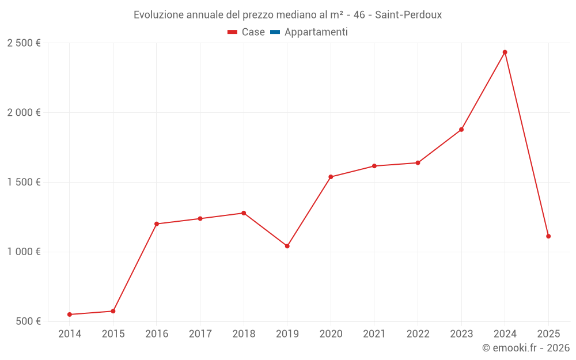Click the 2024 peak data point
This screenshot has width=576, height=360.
tap(505, 52)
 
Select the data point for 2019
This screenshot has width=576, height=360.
tap(287, 246)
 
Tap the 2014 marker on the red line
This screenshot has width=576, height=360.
tap(70, 314)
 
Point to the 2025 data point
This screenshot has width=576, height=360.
tap(548, 236)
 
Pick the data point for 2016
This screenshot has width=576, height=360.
tap(157, 224)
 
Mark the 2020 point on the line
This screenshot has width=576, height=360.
tap(331, 177)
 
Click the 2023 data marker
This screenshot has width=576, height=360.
tap(461, 130)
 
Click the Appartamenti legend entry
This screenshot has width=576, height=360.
tap(316, 32)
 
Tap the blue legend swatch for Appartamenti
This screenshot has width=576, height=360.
tap(275, 32)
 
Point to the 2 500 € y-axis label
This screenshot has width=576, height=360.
tap(24, 43)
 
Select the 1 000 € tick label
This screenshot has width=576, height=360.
tap(24, 252)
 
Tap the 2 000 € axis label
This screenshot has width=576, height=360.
tap(24, 113)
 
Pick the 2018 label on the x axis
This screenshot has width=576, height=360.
tap(244, 334)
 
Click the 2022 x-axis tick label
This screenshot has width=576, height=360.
tap(418, 334)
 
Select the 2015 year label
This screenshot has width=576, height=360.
tap(113, 334)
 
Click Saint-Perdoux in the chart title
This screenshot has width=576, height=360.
tap(408, 15)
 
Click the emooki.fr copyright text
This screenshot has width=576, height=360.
tap(526, 348)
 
